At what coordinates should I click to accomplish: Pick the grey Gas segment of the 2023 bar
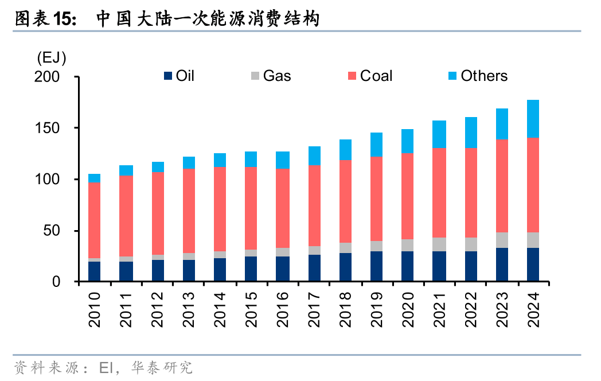pos(502,240)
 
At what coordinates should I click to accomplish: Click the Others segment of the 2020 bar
pos(408,141)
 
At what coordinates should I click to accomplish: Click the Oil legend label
pos(185,76)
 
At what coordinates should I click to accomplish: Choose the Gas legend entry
pos(276,76)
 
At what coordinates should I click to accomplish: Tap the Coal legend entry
pos(376,76)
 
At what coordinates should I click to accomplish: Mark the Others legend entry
pos(483,76)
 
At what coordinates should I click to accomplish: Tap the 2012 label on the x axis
pos(157,310)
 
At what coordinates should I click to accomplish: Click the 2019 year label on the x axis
pos(376,310)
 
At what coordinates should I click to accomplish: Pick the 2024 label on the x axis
pos(533,310)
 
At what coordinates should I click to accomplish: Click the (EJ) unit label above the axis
pos(51,57)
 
